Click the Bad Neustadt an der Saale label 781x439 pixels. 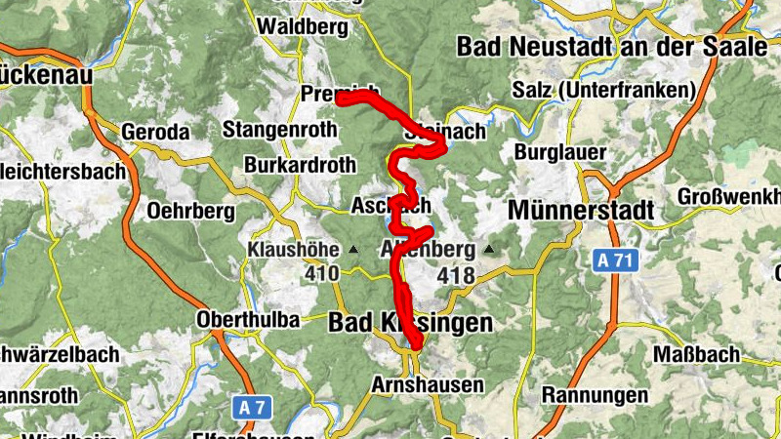pyautogui.click(x=612, y=46)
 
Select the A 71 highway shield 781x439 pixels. pyautogui.click(x=613, y=260)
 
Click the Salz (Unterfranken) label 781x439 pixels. pyautogui.click(x=602, y=91)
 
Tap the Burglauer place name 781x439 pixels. pyautogui.click(x=561, y=152)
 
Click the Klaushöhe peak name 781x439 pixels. pyautogui.click(x=293, y=249)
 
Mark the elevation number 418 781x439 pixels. pyautogui.click(x=455, y=276)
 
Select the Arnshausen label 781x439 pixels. pyautogui.click(x=427, y=385)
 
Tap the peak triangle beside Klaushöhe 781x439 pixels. pyautogui.click(x=353, y=250)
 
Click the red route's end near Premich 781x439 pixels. pyautogui.click(x=340, y=97)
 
